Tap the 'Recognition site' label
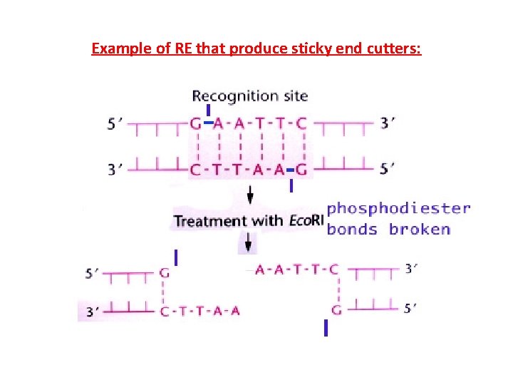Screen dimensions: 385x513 [249, 96]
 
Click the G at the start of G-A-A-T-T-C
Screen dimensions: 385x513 [195, 123]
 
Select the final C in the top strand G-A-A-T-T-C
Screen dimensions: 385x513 [301, 123]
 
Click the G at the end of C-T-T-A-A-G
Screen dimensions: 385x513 [301, 170]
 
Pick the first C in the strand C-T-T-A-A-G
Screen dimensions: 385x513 [195, 170]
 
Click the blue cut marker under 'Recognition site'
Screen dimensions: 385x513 [207, 111]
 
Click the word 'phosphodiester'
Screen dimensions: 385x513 [398, 208]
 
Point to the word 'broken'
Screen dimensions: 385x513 [420, 229]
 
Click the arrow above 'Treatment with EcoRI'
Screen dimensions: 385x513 [249, 195]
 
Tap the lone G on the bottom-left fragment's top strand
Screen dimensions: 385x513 [165, 272]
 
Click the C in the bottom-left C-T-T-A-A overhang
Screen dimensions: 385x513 [165, 310]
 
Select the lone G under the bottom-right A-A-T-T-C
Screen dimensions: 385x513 [336, 309]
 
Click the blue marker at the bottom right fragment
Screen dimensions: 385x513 [326, 328]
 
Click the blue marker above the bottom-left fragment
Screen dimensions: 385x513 [175, 257]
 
